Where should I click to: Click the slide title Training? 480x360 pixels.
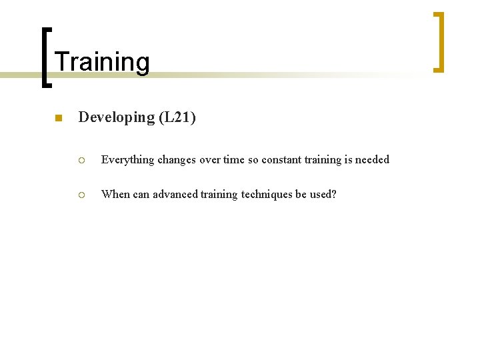[102, 62]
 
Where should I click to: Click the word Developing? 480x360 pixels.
[117, 117]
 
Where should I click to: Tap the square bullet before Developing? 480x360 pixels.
[58, 119]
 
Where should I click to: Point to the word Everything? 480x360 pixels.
[127, 160]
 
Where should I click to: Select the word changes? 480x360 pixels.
[178, 160]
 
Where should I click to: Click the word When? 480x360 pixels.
[115, 195]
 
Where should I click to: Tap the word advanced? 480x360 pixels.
[175, 195]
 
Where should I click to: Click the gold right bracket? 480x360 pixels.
[438, 41]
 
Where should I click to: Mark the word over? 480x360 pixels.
[210, 160]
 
